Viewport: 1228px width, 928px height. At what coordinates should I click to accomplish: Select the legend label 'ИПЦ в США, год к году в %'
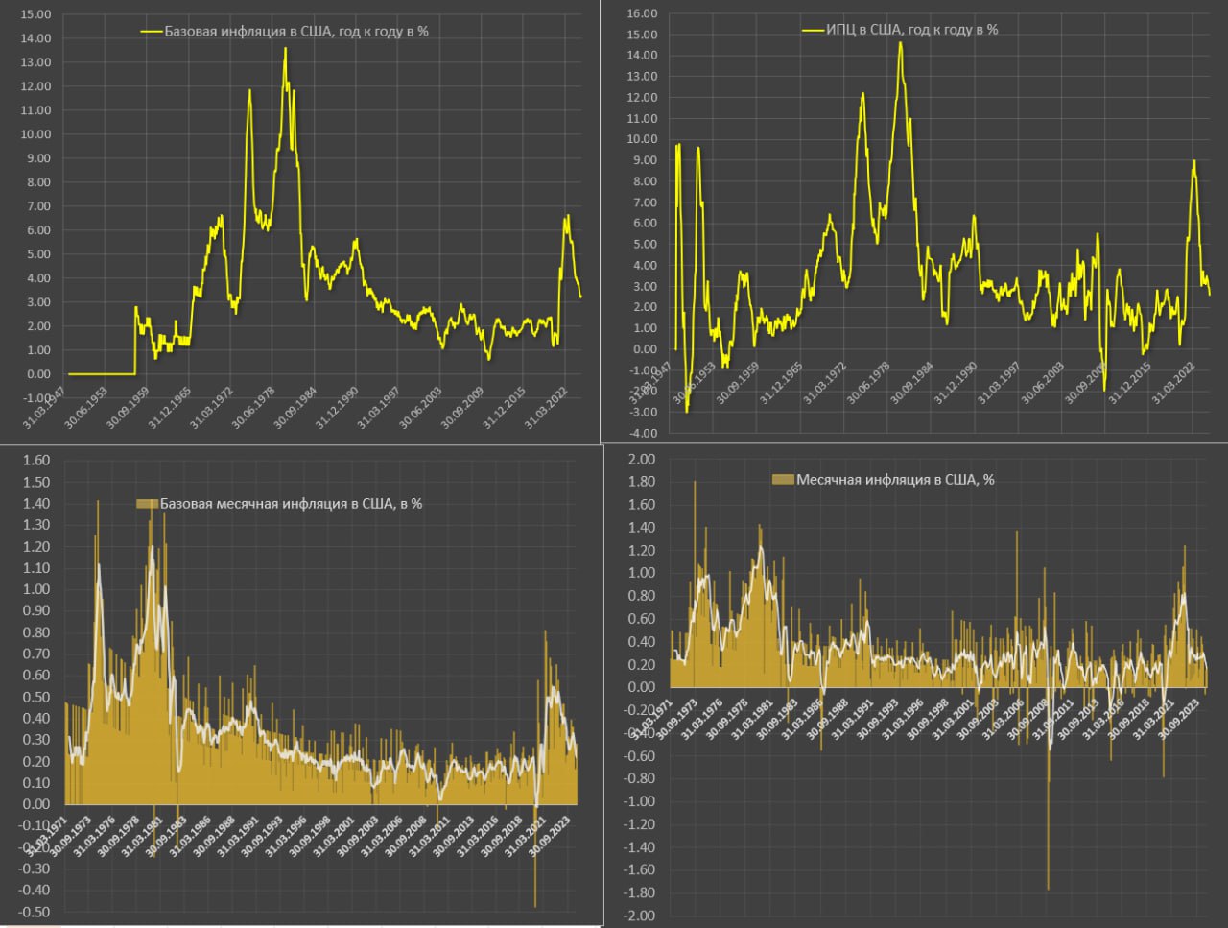911,30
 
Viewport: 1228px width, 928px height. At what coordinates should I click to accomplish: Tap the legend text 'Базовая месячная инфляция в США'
291,503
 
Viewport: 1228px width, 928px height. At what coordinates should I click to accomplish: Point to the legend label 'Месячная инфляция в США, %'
894,480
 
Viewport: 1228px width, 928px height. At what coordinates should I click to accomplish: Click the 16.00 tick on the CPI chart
642,13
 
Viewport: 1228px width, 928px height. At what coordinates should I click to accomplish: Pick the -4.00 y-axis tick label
641,433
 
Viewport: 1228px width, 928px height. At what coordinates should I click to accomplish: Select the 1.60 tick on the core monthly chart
35,461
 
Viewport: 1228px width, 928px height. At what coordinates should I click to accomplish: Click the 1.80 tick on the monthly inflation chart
642,482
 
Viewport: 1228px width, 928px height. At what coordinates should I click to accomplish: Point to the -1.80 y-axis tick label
640,893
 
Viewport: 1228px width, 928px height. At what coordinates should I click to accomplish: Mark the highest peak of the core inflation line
285,48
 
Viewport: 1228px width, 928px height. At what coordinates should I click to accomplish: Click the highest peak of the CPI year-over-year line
900,42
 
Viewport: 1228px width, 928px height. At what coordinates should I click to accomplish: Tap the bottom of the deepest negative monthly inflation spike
1048,889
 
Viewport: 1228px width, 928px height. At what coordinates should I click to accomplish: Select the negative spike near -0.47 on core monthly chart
535,905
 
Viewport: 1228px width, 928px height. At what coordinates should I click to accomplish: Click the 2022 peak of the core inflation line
566,216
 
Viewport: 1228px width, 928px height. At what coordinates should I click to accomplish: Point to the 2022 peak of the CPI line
1193,161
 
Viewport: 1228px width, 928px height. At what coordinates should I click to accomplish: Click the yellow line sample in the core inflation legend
152,31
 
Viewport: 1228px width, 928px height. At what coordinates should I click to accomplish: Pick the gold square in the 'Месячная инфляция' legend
783,480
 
